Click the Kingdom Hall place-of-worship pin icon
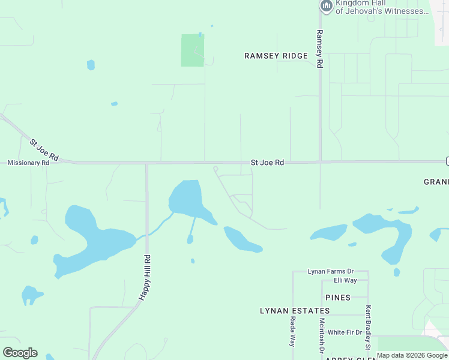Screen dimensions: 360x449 tap(327, 6)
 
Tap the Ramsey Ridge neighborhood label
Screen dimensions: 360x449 tap(276, 56)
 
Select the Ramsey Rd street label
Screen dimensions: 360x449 tap(320, 49)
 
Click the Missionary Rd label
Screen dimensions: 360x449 tap(28, 163)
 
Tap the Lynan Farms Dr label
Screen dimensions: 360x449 tap(331, 272)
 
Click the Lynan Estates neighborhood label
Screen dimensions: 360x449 tap(295, 311)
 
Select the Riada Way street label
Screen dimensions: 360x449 tap(293, 332)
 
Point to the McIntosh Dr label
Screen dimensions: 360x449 tap(322, 335)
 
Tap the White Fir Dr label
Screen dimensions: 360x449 tap(345, 332)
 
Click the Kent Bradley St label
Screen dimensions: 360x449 tap(368, 328)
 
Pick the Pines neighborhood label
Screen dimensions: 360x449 tap(337, 298)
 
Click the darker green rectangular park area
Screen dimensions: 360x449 tap(193, 50)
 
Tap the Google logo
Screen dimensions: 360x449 tap(20, 353)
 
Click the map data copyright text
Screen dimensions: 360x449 tap(412, 356)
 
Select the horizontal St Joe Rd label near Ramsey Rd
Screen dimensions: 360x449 tap(267, 163)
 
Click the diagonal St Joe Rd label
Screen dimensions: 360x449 tap(44, 149)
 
